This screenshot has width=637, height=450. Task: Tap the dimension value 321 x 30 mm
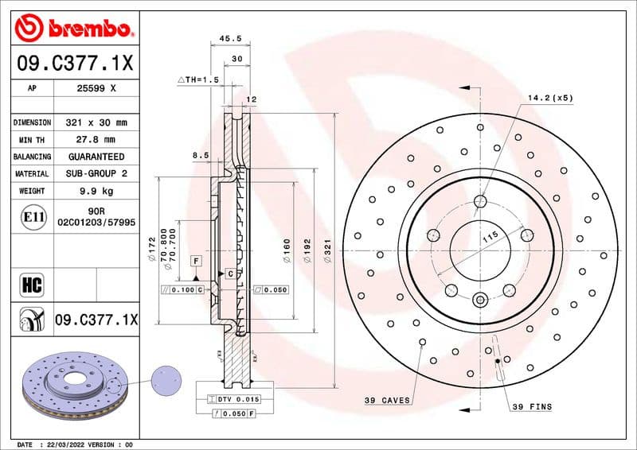click(x=96, y=123)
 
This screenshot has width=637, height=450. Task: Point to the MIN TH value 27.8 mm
click(x=96, y=140)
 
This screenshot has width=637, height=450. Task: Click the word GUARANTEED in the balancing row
click(x=96, y=157)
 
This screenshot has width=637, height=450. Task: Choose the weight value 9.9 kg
click(x=96, y=191)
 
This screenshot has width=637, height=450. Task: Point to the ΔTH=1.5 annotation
click(x=197, y=80)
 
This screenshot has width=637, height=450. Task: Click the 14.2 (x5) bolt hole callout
click(x=549, y=98)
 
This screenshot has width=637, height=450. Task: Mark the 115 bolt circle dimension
click(x=490, y=235)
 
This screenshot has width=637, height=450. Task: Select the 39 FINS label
click(x=530, y=406)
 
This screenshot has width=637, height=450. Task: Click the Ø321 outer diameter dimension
click(x=327, y=252)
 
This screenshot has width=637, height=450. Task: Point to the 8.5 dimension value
click(x=200, y=156)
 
